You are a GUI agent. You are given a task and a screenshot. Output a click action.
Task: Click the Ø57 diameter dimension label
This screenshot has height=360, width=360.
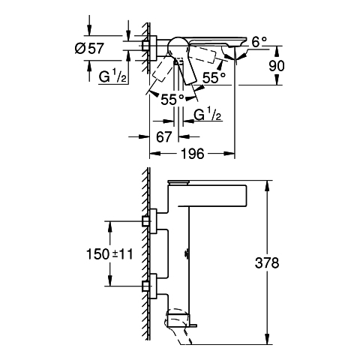[x=89, y=48]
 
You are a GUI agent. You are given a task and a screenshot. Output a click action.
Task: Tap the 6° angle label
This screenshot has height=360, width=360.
[x=259, y=42]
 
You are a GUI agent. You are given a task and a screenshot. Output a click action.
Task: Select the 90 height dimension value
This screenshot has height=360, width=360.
[x=277, y=66]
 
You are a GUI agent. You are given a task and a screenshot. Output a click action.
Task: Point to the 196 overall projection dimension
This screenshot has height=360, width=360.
[x=193, y=154]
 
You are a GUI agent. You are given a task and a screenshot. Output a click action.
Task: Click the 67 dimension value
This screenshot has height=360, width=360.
[x=164, y=136]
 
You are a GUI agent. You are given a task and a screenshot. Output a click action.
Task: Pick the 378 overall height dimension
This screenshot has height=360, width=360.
[x=267, y=263]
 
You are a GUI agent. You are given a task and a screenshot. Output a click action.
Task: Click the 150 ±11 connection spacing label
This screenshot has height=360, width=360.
[x=109, y=254]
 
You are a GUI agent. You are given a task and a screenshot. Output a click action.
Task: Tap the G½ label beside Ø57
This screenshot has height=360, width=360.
[x=112, y=77]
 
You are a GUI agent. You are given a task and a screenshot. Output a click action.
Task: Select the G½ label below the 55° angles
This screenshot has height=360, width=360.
[x=208, y=115]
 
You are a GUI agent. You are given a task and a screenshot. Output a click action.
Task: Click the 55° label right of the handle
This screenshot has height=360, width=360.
[x=214, y=77]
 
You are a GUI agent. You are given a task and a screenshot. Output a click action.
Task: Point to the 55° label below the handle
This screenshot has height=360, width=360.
[x=172, y=100]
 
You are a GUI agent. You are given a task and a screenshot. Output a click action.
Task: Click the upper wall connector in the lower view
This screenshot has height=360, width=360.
[x=149, y=221]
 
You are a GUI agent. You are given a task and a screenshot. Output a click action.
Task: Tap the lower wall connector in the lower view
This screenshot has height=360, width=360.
[x=149, y=286]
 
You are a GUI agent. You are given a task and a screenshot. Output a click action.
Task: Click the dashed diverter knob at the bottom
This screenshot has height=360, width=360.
[x=179, y=324]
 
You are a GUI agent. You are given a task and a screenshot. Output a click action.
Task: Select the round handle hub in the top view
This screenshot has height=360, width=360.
[x=178, y=46]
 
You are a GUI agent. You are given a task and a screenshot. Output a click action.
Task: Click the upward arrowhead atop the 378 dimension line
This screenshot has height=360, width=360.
[x=268, y=185]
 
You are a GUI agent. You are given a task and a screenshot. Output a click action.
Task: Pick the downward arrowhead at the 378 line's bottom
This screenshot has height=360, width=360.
[x=268, y=340]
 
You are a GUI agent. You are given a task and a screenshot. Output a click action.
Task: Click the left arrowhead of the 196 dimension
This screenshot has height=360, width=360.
[x=154, y=154]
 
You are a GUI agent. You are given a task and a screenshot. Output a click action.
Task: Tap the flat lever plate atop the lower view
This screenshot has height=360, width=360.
[x=178, y=182]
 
